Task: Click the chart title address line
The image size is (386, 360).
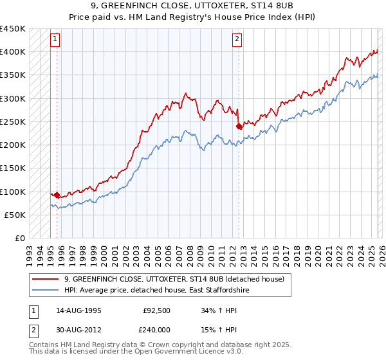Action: [x=192, y=6]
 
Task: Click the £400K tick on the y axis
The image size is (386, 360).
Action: [x=13, y=51]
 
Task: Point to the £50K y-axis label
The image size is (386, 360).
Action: [x=15, y=215]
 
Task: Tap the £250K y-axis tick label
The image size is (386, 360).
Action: [x=13, y=122]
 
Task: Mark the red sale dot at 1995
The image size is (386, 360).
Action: [x=57, y=195]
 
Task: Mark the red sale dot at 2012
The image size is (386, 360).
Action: [x=239, y=126]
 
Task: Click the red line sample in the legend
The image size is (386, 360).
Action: [x=46, y=279]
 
